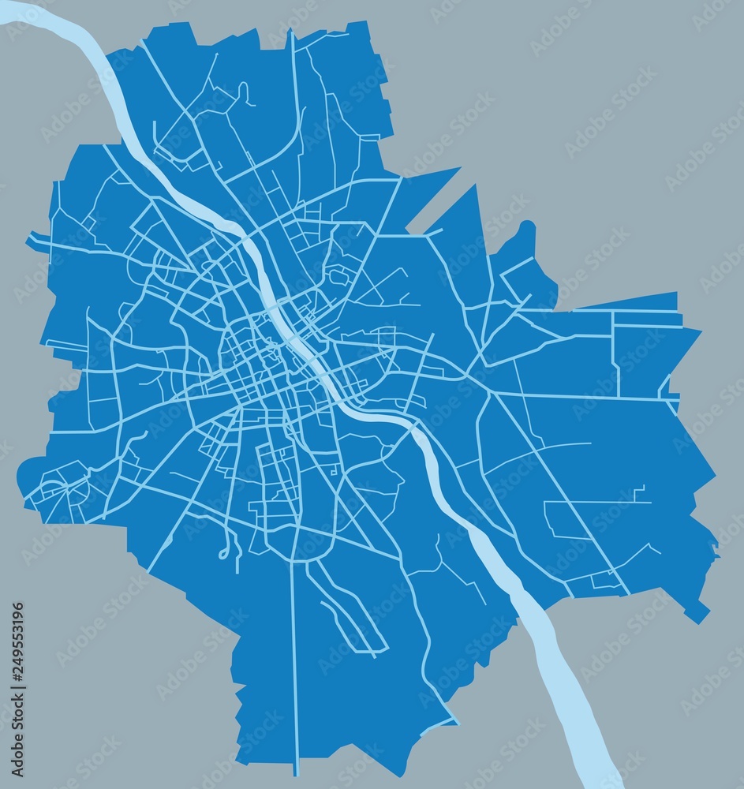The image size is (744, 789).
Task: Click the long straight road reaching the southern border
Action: coord(294,671)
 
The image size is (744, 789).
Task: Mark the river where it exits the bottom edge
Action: coord(596,777)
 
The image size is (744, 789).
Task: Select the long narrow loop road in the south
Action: coord(347,608)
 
